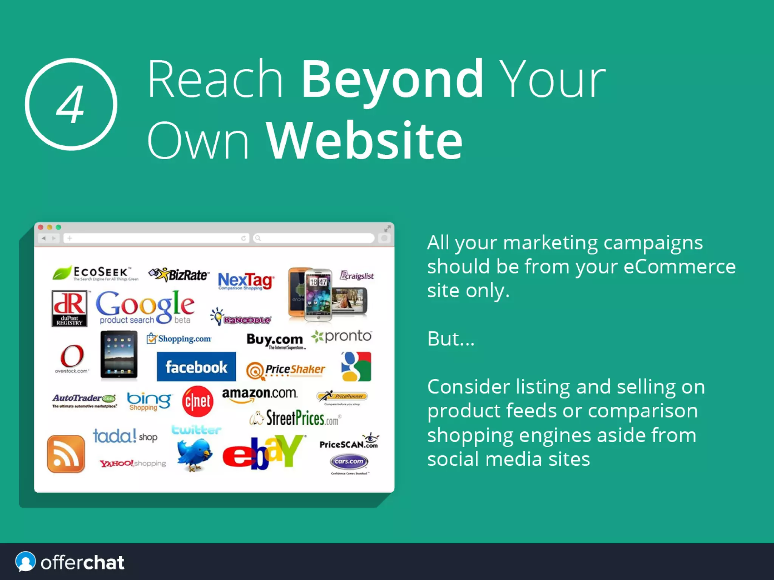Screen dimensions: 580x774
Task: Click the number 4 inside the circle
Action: [x=71, y=104]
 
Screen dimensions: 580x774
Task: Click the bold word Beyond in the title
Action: [x=392, y=79]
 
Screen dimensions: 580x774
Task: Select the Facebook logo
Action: [x=196, y=367]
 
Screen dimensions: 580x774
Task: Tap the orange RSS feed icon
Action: [x=66, y=454]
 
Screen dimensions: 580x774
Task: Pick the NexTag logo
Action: [x=246, y=281]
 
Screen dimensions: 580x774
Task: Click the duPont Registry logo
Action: [x=70, y=308]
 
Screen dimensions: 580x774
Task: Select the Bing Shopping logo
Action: [x=149, y=401]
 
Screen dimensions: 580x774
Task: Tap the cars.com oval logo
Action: [x=349, y=462]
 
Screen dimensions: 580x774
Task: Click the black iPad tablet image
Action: [x=119, y=355]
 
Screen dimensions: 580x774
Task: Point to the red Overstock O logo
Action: [x=72, y=356]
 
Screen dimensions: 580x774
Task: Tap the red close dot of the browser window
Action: [x=40, y=227]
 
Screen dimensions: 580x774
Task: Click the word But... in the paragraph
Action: [x=450, y=339]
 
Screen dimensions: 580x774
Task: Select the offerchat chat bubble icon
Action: [x=25, y=562]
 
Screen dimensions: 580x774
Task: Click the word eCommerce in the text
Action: [x=679, y=266]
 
